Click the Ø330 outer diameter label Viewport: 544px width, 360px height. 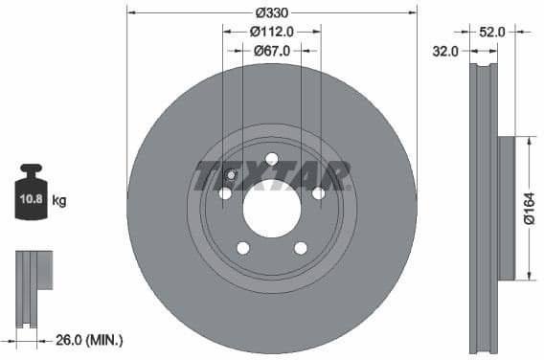(273, 13)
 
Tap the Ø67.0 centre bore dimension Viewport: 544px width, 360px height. (272, 52)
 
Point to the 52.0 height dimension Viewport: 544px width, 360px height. (492, 32)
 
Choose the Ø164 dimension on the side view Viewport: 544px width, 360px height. (530, 208)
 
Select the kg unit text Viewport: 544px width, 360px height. (59, 201)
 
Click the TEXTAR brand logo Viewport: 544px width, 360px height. (272, 176)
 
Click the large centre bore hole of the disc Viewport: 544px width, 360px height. (272, 208)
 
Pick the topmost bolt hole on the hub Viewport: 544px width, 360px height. (272, 159)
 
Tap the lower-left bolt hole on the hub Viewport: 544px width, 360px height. (243, 248)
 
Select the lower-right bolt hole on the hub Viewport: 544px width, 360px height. (301, 248)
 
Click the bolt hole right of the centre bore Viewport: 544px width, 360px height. (318, 193)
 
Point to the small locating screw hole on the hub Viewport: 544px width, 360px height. (232, 174)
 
